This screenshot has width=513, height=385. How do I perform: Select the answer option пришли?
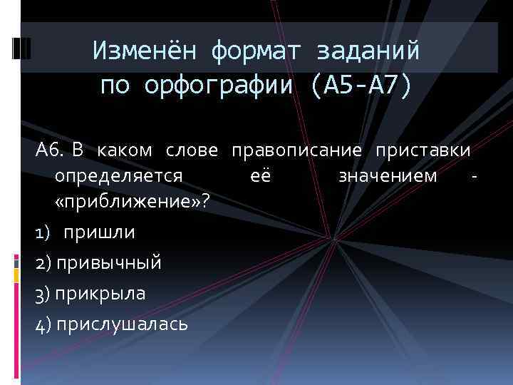[99, 232]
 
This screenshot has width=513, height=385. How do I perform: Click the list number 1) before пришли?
[43, 232]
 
